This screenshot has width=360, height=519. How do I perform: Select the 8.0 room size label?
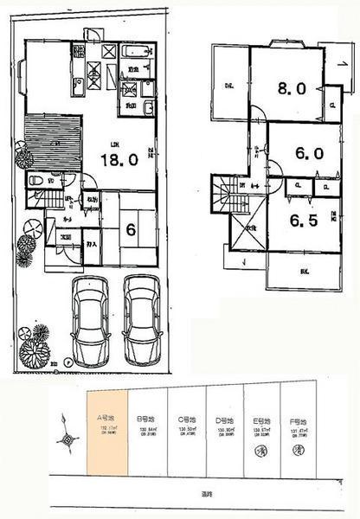287,89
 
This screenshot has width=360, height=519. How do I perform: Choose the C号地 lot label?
184,416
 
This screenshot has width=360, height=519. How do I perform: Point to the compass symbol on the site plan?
67,439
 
